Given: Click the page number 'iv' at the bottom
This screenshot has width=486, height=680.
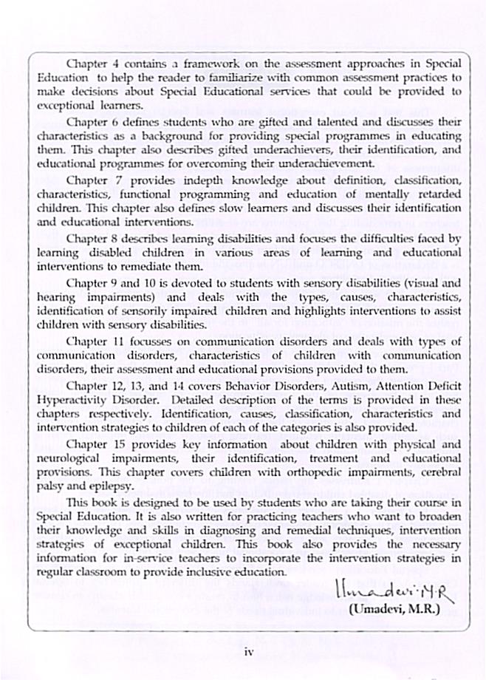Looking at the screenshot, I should click(249, 650).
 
